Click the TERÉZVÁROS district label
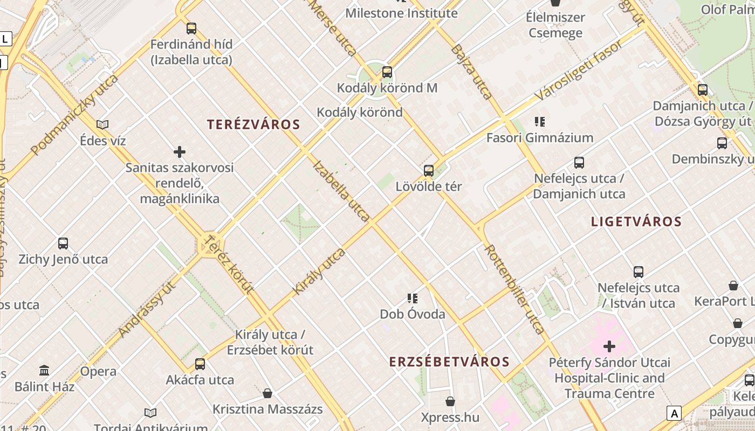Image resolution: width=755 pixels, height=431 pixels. click(x=253, y=124)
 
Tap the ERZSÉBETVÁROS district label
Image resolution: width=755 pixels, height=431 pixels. click(x=449, y=362)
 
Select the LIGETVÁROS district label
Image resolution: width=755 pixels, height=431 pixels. click(x=636, y=221)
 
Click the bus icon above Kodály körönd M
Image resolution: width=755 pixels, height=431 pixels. click(x=387, y=72)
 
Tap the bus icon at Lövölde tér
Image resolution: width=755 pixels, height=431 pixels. click(x=429, y=171)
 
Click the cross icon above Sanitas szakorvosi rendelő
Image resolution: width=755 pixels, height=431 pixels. click(x=180, y=152)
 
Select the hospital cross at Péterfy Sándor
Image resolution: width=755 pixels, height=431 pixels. click(x=609, y=346)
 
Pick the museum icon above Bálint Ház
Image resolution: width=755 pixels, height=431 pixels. click(x=44, y=371)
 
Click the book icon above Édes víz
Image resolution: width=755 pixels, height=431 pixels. click(x=102, y=125)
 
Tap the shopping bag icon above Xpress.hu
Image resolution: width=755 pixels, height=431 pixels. click(x=450, y=401)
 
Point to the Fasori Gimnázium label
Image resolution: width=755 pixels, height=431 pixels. click(x=540, y=138)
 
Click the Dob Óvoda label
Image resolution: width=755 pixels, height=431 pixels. click(x=413, y=314)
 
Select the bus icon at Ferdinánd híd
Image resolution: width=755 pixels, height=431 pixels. click(x=191, y=29)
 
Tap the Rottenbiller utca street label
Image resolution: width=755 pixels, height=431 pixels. click(x=514, y=289)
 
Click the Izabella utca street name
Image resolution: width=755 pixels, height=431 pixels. click(x=341, y=191)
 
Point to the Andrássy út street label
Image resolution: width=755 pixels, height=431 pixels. click(x=147, y=310)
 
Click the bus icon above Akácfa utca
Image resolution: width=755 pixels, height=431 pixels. click(x=200, y=364)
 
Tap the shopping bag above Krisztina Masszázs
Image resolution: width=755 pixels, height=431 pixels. click(x=267, y=393)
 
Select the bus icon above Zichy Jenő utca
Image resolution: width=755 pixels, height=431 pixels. click(x=63, y=244)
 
